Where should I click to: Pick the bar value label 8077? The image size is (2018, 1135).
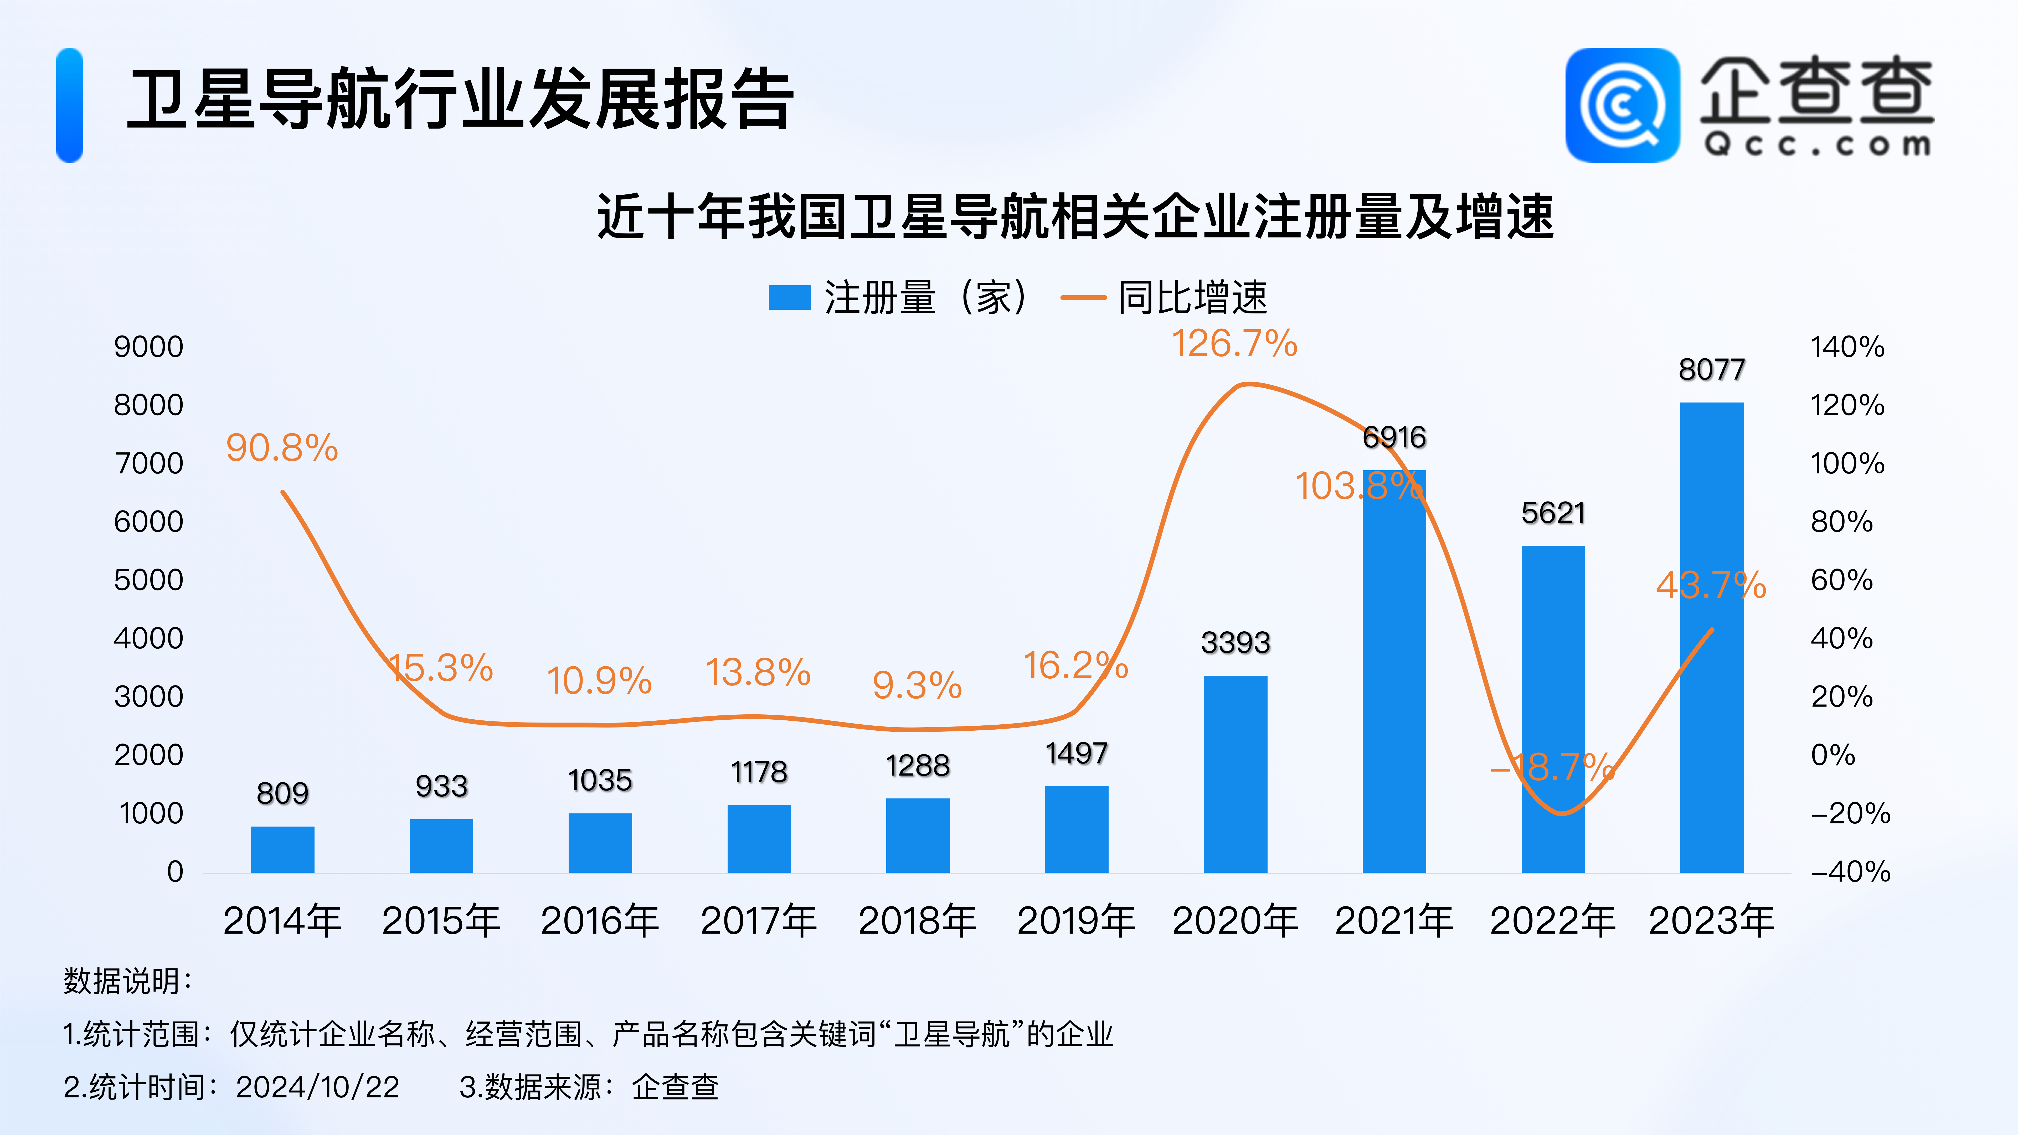click(1712, 370)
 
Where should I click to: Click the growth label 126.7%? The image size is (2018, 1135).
click(1235, 344)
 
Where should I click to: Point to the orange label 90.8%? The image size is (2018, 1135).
click(282, 448)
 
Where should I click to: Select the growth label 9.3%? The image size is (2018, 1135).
click(917, 685)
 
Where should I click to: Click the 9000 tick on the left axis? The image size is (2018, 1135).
click(149, 347)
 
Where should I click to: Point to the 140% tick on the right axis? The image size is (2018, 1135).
click(1847, 347)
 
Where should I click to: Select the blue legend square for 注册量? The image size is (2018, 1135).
click(789, 298)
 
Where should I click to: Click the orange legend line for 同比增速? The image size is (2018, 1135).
click(1083, 298)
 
